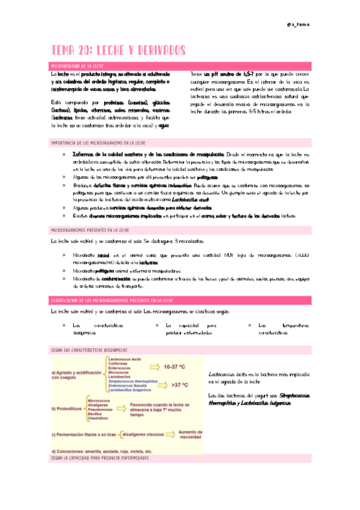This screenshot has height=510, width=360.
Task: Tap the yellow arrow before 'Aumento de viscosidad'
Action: [x=171, y=432]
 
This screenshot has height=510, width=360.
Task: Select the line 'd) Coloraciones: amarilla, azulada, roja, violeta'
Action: [x=102, y=451]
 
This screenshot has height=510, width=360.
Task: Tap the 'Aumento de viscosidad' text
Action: [x=191, y=433]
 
